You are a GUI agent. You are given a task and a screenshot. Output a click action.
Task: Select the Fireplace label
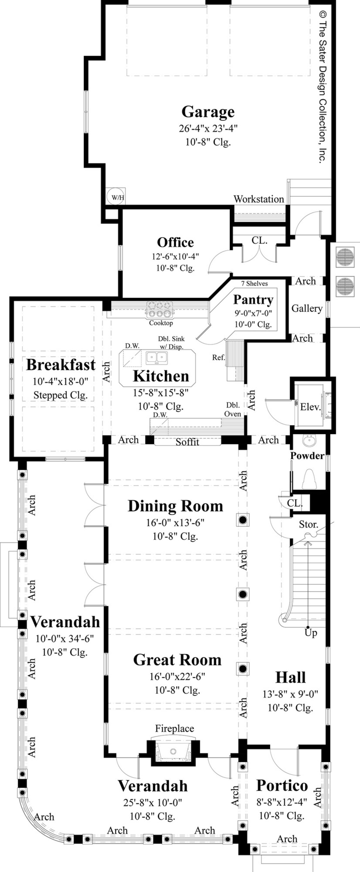click(175, 728)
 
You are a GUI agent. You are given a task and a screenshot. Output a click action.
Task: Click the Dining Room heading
click(175, 506)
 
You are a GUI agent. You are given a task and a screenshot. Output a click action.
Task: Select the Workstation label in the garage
click(259, 199)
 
